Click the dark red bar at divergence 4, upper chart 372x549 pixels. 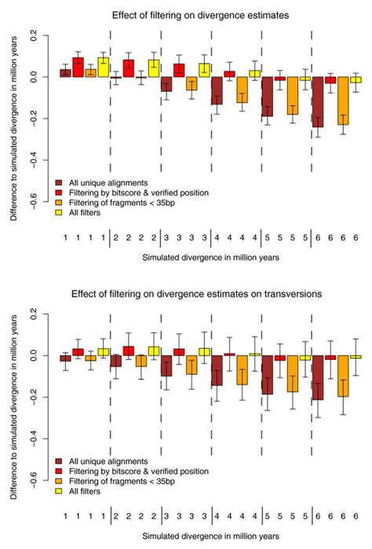click(216, 90)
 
